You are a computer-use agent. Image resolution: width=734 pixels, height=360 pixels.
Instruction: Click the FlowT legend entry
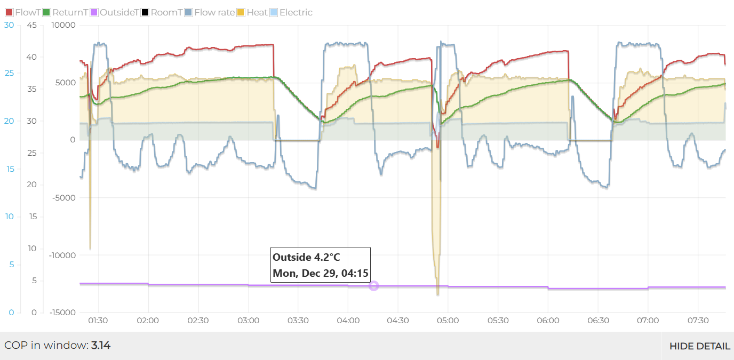pos(23,12)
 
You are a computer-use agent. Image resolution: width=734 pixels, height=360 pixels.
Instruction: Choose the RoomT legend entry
pos(162,12)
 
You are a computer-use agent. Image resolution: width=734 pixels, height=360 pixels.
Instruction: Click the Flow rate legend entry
pos(210,12)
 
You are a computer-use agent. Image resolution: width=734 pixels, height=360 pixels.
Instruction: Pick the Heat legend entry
pos(253,12)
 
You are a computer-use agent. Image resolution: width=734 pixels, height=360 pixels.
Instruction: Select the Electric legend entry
pos(292,12)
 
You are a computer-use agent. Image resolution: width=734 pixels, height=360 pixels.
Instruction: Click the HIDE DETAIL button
pos(699,346)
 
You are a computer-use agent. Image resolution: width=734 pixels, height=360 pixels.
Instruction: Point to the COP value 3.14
pos(101,345)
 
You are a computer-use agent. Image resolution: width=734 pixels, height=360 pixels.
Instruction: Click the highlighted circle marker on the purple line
pos(373,286)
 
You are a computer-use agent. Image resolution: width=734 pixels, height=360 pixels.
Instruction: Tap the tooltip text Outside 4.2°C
pos(306,257)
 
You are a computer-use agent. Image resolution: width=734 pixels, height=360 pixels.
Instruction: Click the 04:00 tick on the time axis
pos(348,321)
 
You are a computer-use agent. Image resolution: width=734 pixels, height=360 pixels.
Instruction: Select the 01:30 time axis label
pos(98,321)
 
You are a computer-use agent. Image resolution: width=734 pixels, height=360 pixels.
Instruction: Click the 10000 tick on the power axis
pos(63,25)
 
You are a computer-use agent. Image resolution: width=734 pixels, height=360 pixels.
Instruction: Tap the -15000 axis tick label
pos(61,313)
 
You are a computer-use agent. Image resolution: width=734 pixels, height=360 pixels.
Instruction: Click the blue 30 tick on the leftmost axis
pos(9,25)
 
